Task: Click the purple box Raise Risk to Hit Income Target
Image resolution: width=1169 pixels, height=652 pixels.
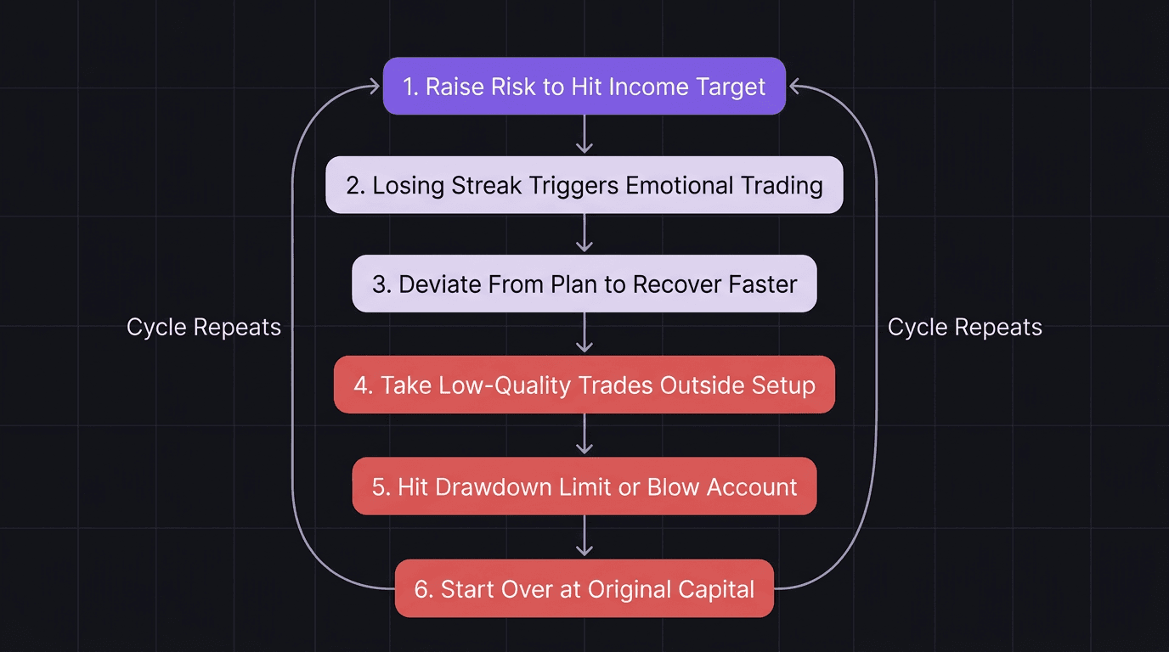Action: pyautogui.click(x=584, y=86)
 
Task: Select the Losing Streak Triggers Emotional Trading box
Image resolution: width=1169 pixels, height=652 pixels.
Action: pyautogui.click(x=584, y=184)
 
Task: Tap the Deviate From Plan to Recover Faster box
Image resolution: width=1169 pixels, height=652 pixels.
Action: pyautogui.click(x=584, y=284)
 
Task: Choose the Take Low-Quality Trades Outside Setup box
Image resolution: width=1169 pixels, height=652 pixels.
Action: pyautogui.click(x=584, y=385)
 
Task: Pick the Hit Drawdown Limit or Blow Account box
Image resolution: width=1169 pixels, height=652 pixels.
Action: pyautogui.click(x=584, y=486)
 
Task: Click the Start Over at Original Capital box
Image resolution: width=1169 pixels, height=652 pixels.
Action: pyautogui.click(x=584, y=588)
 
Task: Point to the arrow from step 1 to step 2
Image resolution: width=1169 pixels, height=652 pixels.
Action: pyautogui.click(x=584, y=135)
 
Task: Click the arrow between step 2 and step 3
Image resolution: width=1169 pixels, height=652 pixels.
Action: pyautogui.click(x=584, y=233)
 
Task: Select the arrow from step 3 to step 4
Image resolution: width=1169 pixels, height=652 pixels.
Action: pyautogui.click(x=584, y=334)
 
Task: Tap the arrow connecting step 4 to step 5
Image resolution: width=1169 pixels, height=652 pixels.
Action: pyautogui.click(x=584, y=436)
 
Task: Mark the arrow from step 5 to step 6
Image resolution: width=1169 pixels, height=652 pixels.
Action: pyautogui.click(x=584, y=537)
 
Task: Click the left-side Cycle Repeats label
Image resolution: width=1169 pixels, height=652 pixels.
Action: pyautogui.click(x=204, y=328)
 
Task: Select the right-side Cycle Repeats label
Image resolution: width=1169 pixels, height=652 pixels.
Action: pyautogui.click(x=964, y=328)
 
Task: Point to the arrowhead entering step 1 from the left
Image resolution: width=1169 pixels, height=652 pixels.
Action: pyautogui.click(x=374, y=85)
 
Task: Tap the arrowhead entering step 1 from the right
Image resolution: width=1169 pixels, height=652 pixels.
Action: pyautogui.click(x=794, y=85)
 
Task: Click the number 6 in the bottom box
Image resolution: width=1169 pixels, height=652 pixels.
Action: pyautogui.click(x=422, y=589)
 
